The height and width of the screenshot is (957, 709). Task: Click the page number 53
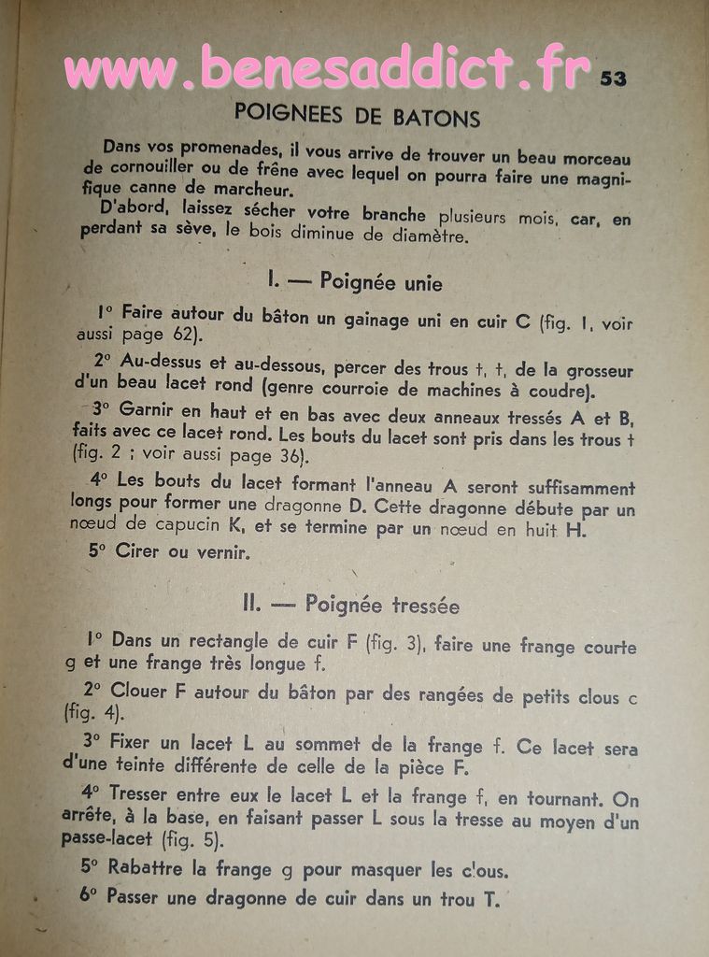tap(613, 79)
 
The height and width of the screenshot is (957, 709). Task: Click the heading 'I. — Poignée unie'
tap(355, 280)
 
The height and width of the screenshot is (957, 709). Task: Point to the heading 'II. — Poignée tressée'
tap(350, 605)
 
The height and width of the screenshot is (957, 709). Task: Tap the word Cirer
tap(137, 551)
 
